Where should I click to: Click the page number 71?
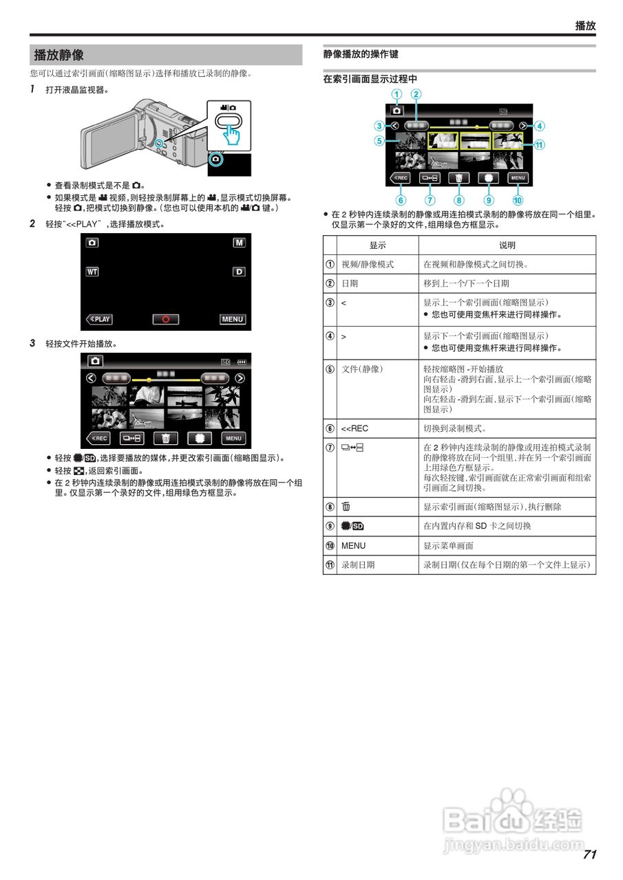click(589, 855)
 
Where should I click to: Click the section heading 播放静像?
click(59, 55)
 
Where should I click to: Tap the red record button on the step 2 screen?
click(166, 319)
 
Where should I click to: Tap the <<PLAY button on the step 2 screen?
click(99, 319)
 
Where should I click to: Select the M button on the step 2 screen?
click(238, 243)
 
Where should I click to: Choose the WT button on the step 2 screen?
click(92, 272)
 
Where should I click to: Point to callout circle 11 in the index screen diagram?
click(539, 145)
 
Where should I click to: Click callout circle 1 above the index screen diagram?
click(396, 94)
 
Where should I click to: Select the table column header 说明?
click(507, 245)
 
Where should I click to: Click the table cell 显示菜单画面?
click(448, 546)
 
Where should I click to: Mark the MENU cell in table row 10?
click(353, 546)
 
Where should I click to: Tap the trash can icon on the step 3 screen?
click(166, 439)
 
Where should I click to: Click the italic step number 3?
click(32, 343)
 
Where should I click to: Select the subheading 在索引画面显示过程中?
click(370, 79)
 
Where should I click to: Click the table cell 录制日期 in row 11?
click(358, 564)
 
